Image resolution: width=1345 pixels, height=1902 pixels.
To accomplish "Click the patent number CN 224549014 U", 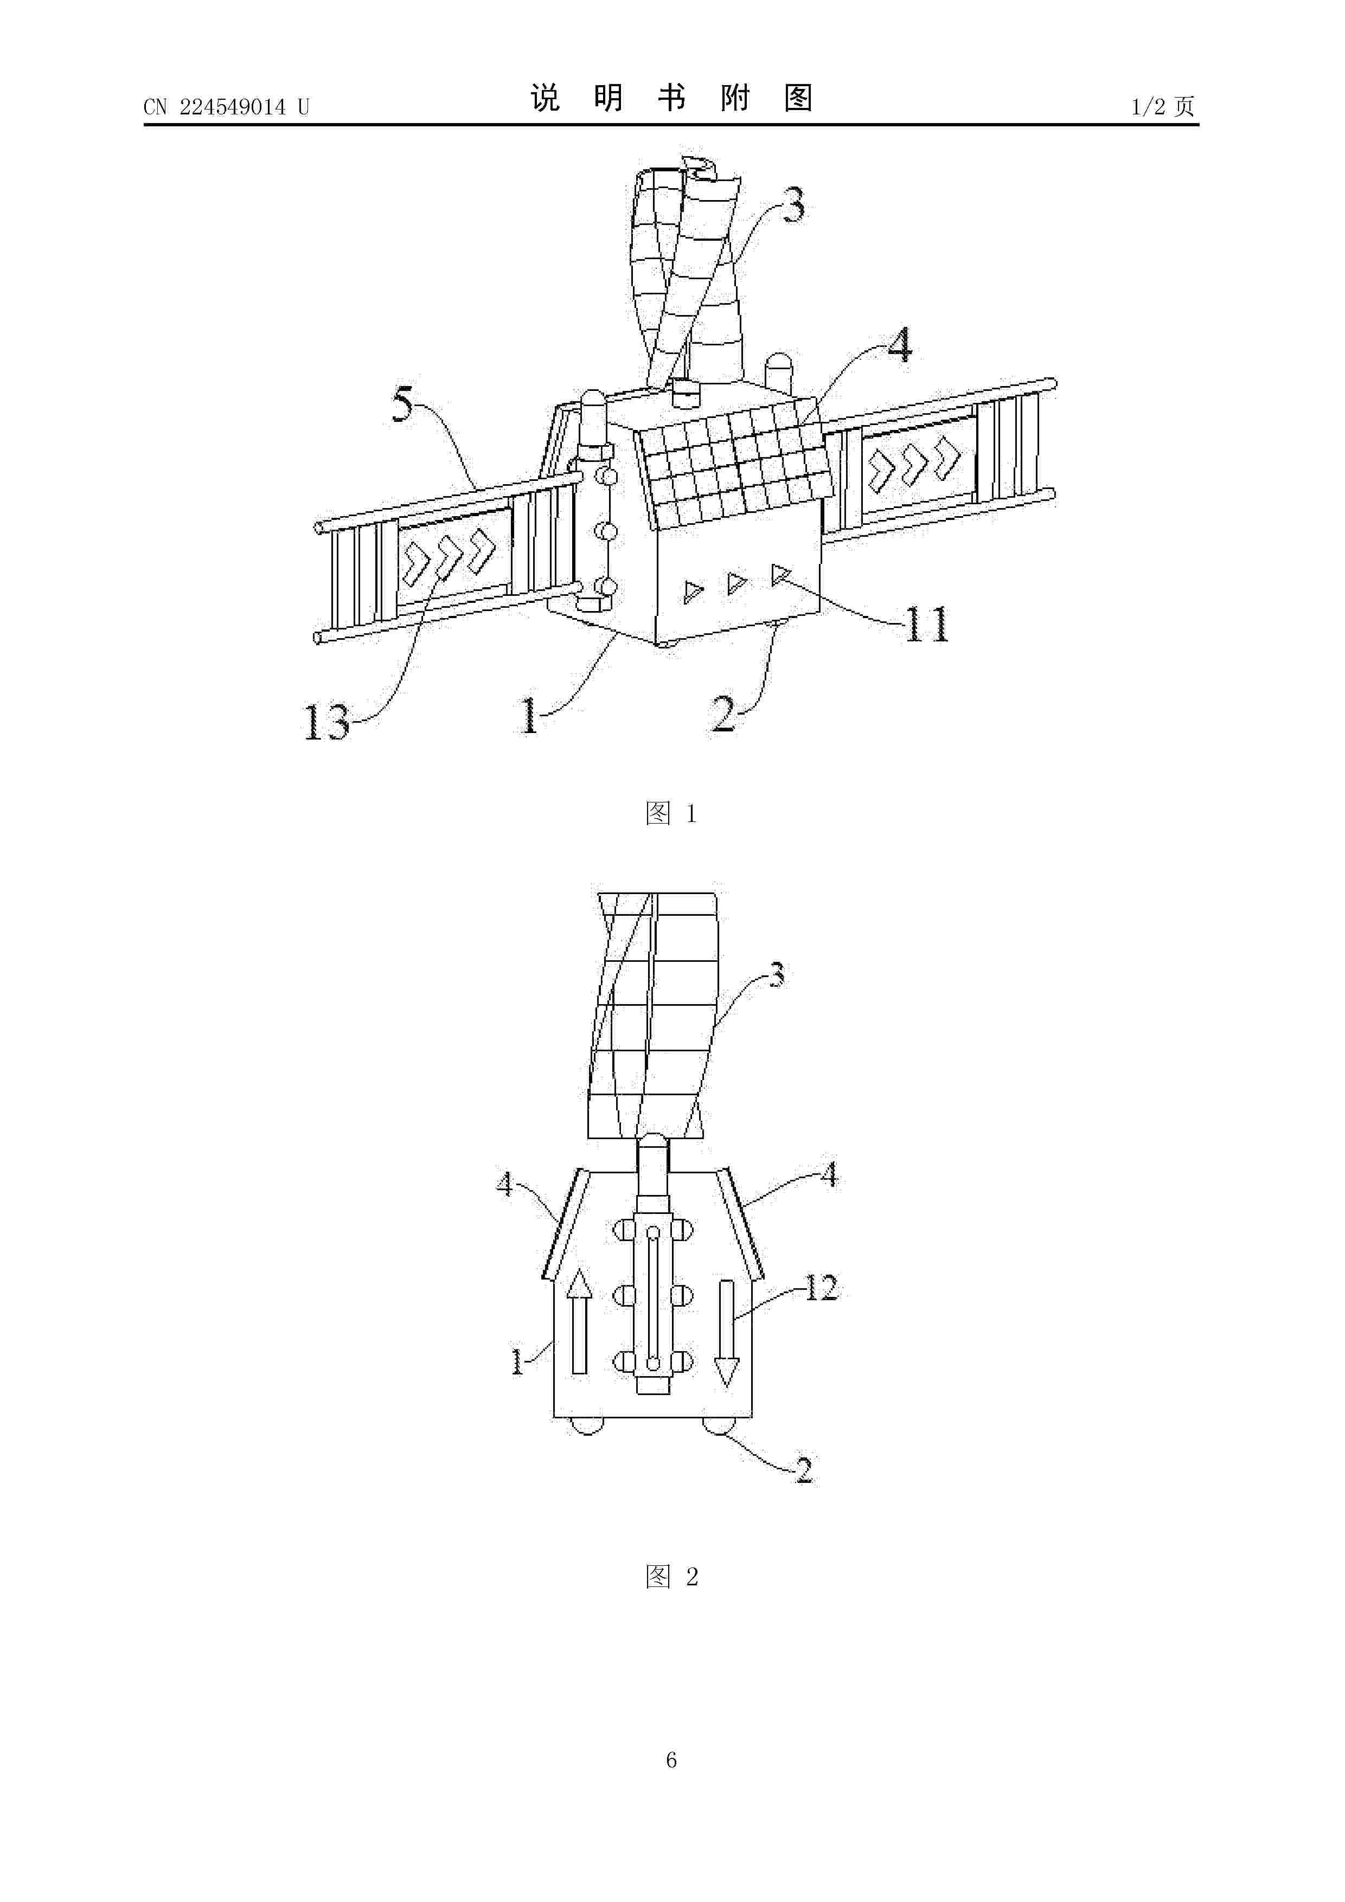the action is pyautogui.click(x=226, y=107).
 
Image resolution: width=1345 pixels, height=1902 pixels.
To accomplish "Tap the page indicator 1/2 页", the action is pyautogui.click(x=1163, y=106).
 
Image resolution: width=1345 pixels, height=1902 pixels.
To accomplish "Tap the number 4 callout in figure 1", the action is pyautogui.click(x=899, y=345).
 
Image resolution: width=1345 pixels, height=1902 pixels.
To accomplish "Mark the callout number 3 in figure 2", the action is pyautogui.click(x=777, y=975).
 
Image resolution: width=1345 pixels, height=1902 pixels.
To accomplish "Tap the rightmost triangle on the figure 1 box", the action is pyautogui.click(x=780, y=574).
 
